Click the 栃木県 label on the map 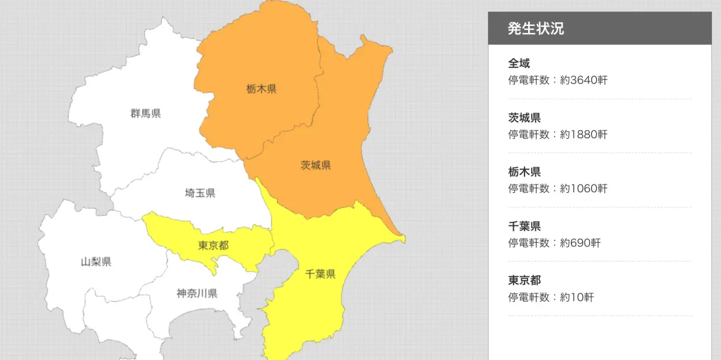point(261,89)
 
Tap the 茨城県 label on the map point(316,165)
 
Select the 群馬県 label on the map point(145,113)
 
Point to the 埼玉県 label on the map point(200,193)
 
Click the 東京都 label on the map point(213,245)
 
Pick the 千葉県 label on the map point(320,274)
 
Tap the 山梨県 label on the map point(96,261)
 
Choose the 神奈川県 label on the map point(197,293)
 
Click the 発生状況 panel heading point(535,28)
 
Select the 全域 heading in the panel point(519,63)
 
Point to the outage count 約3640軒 point(583,80)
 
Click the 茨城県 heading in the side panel point(525,117)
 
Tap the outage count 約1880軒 point(583,135)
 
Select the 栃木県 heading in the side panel point(525,172)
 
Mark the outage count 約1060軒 point(583,189)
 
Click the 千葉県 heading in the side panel point(525,226)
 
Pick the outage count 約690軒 point(580,243)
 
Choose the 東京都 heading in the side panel point(525,280)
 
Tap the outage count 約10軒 point(576,297)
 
